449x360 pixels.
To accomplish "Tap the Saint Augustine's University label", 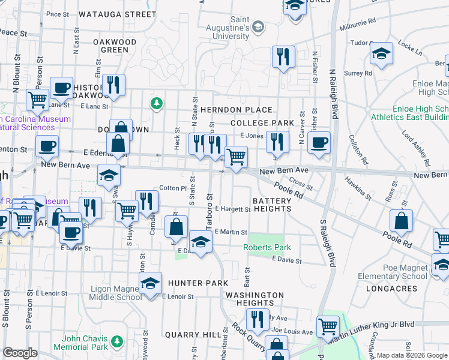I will coord(232,28).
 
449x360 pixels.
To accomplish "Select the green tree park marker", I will coord(157,104).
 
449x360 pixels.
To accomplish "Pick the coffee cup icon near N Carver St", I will coord(319,143).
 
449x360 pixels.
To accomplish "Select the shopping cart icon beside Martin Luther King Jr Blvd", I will coord(328,326).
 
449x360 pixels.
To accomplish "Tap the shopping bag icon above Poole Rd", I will coord(401,221).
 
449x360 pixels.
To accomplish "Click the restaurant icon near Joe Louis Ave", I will coord(258,320).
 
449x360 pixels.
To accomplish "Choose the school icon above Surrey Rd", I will coord(381,54).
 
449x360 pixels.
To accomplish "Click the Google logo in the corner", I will coord(20,353).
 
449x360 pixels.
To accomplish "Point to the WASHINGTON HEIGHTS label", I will coord(254,299).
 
